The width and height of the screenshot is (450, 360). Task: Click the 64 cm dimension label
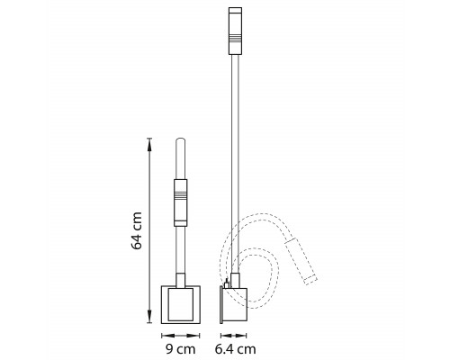point(137,230)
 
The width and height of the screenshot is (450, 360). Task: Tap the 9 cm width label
point(181,349)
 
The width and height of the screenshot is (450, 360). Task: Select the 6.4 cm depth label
point(236,349)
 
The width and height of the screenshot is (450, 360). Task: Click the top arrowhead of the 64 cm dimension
point(149,145)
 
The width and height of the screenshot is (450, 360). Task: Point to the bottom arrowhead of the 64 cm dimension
point(149,316)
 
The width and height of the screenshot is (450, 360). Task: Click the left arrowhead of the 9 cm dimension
point(168,336)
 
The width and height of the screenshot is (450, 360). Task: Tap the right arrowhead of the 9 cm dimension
point(193,336)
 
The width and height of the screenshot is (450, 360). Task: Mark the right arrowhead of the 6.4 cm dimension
point(241,336)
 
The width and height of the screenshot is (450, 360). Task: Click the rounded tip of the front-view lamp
point(180,140)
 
